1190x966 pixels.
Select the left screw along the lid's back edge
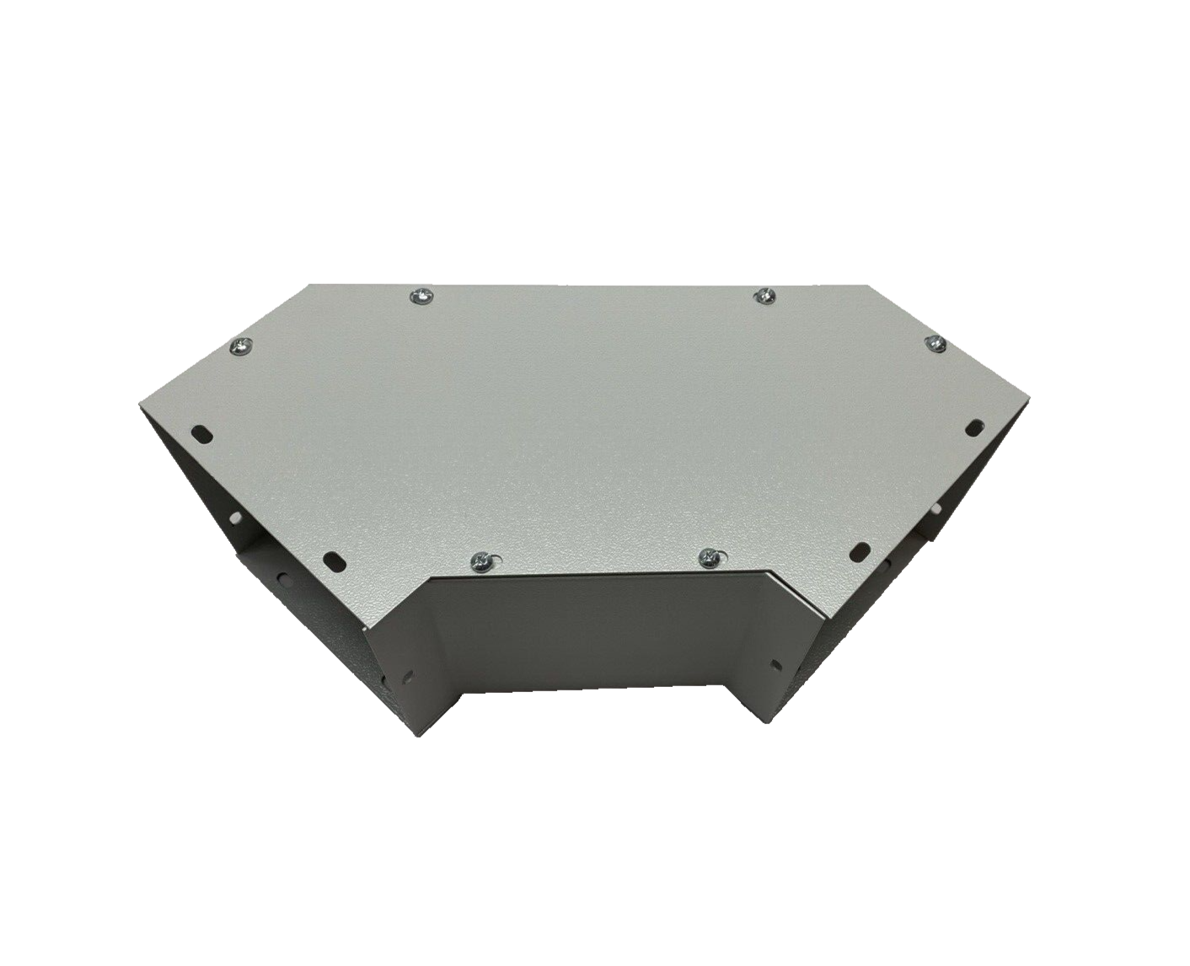421,296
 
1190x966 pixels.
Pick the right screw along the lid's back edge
764,295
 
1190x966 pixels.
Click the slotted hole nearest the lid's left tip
203,432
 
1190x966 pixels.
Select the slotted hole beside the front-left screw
335,559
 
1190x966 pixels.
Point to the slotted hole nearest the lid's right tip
976,425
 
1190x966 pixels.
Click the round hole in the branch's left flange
410,675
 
